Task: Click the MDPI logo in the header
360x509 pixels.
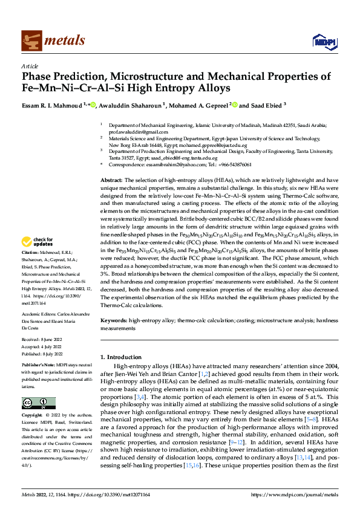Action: coord(322,41)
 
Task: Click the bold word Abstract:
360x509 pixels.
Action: coord(112,180)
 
